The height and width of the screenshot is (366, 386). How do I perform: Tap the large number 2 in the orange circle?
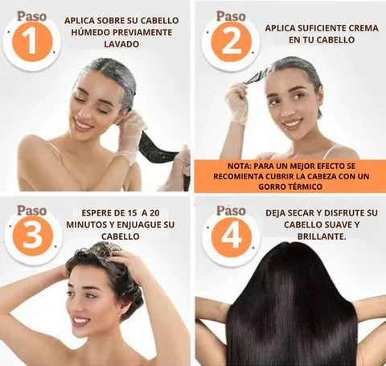(231, 43)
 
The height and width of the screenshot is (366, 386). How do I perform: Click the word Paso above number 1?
(31, 16)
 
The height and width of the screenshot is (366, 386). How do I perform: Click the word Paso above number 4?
(231, 211)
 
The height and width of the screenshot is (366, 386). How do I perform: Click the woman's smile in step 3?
(80, 321)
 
